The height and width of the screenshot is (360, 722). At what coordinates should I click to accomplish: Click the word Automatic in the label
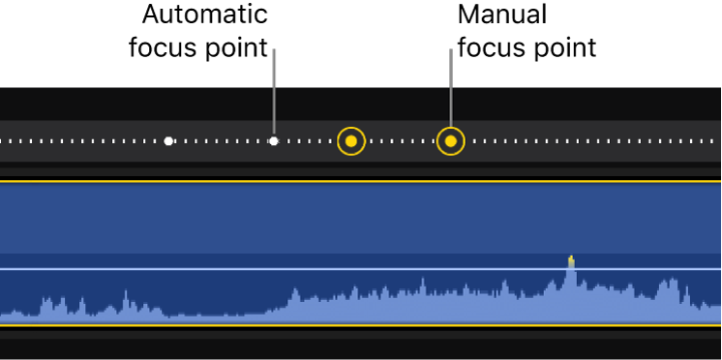point(204,15)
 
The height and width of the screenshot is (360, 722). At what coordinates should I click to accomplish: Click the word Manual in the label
point(501,15)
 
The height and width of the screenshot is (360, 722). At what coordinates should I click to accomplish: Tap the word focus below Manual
point(488,47)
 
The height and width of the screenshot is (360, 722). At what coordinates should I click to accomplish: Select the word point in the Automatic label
point(231,47)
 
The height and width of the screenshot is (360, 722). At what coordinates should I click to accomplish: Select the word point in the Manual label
point(559,47)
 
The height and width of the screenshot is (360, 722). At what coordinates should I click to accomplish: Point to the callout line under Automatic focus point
point(274,92)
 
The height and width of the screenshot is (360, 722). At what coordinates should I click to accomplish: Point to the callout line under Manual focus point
point(450,92)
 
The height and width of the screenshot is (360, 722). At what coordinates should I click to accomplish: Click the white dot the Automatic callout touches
point(274,141)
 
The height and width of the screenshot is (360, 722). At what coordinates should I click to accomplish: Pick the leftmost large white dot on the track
point(168,141)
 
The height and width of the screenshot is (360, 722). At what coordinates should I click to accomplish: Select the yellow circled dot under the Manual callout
point(450,141)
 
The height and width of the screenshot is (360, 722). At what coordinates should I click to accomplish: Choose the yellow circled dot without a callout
point(351,141)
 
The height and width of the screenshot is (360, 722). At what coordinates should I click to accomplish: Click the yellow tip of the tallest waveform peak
point(571,259)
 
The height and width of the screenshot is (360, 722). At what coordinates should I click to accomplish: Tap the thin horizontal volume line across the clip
point(290,269)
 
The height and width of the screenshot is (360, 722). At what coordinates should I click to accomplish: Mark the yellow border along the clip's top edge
point(290,181)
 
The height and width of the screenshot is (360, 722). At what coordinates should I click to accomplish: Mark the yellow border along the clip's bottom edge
point(290,327)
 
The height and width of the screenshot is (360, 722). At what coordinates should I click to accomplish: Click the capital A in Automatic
point(151,15)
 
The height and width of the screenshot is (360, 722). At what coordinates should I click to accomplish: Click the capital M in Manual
point(468,15)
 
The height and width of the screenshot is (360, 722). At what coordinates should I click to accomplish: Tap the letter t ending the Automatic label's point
point(262,47)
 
